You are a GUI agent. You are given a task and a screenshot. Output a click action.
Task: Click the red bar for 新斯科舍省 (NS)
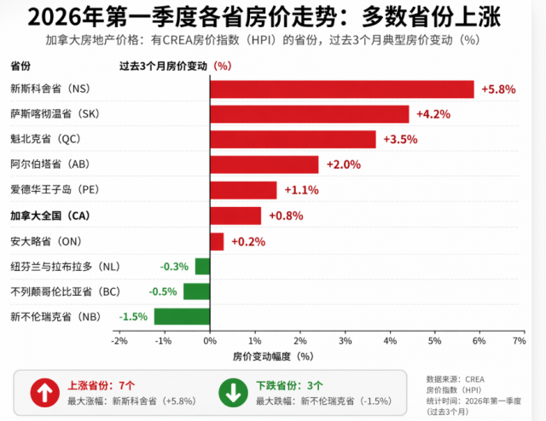341,89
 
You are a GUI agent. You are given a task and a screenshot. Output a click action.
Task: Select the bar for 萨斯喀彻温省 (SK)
309,114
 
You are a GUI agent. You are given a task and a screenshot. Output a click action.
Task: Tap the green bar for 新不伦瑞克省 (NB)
182,316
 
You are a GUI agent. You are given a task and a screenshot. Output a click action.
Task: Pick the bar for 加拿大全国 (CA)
235,216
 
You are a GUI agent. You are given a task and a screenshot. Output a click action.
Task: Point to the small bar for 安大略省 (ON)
217,241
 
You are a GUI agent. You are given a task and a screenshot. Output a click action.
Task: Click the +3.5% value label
400,140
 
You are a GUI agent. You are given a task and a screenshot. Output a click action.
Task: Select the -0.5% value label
163,291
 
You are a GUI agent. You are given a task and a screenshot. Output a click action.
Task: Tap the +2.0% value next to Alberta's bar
344,165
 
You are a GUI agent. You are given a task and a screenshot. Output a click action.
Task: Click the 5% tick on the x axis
433,341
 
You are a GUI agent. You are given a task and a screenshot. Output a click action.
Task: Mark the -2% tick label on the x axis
120,341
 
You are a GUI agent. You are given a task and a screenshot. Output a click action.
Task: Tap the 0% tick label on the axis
210,341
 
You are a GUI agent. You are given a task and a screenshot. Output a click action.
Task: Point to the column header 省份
20,66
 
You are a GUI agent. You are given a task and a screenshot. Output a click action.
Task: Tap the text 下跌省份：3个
291,384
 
